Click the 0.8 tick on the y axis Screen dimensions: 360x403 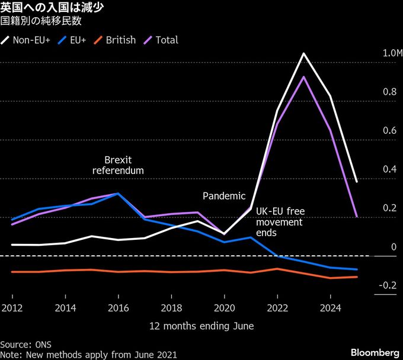[390, 92]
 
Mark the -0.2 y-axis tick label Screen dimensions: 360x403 [388, 285]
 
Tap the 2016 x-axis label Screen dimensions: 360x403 [118, 308]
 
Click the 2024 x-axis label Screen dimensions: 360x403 [330, 308]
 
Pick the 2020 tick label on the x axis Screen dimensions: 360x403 [224, 308]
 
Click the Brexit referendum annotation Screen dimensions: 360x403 [118, 165]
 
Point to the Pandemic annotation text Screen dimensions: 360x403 [224, 196]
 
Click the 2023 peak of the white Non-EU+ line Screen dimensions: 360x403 [303, 54]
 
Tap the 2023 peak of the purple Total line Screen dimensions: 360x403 [303, 76]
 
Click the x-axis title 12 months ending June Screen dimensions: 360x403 [201, 326]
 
